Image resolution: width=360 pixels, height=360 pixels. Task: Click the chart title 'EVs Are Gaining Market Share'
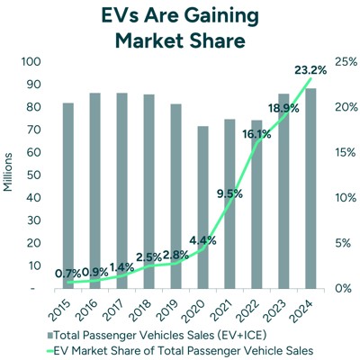pos(180,28)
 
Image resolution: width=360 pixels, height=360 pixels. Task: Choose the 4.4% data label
pos(201,240)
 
